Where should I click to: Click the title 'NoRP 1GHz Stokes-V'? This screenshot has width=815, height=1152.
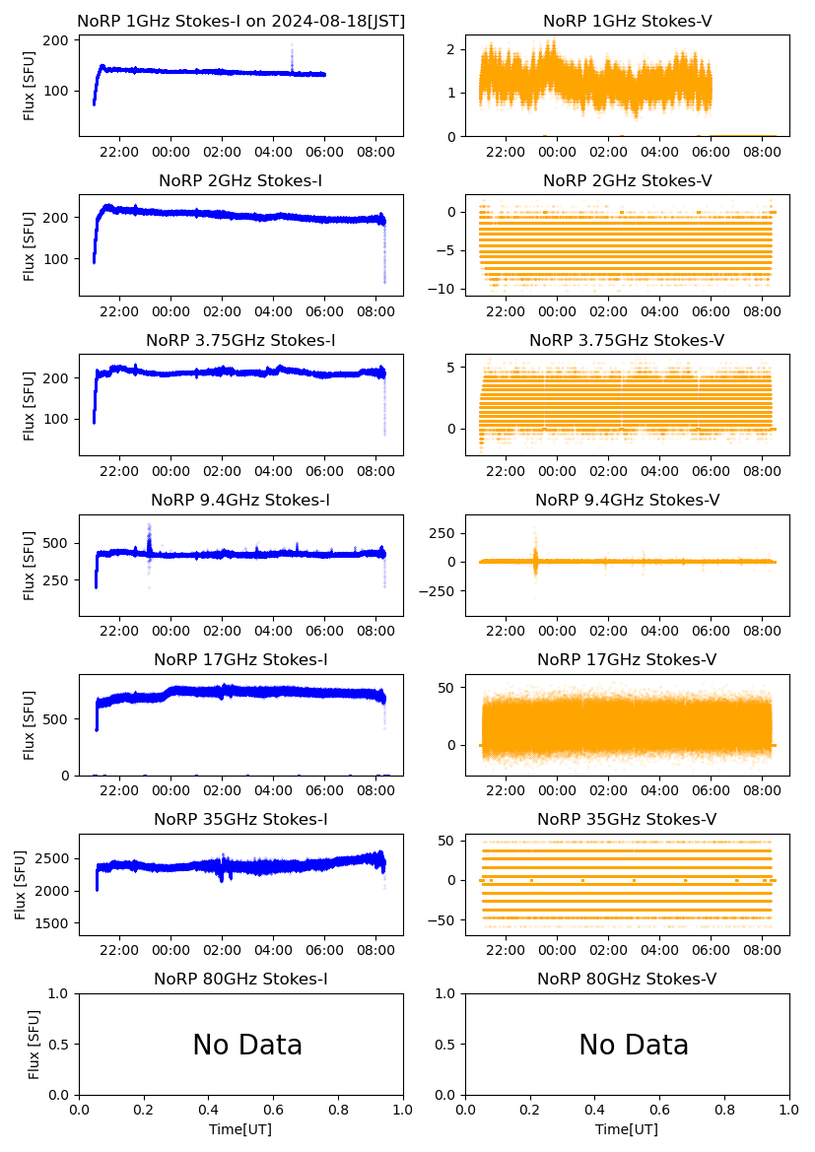click(627, 22)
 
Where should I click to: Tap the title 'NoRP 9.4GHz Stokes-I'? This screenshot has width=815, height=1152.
click(240, 501)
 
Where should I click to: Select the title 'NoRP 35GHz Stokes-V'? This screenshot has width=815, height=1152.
click(627, 820)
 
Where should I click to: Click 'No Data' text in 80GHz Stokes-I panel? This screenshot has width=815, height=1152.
click(247, 1045)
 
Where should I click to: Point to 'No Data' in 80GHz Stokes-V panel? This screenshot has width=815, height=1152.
click(634, 1045)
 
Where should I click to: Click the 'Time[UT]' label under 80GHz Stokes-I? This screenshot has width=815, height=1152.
click(240, 1129)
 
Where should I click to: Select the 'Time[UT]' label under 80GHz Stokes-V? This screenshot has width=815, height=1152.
click(627, 1129)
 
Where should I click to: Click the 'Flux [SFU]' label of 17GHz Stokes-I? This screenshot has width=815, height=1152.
click(31, 725)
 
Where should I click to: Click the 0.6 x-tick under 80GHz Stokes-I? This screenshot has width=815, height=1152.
click(274, 1111)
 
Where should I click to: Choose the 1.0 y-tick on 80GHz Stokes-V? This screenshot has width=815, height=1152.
click(448, 994)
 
